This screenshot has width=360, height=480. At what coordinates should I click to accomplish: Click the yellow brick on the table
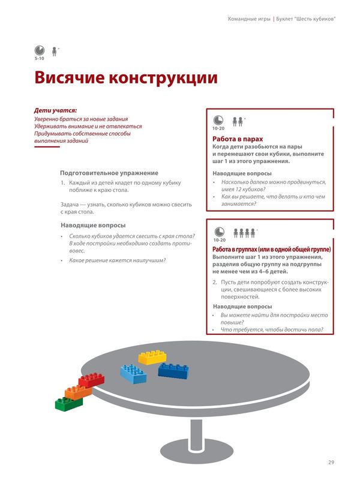[152, 358]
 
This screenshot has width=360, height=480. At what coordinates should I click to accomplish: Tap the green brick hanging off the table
[69, 403]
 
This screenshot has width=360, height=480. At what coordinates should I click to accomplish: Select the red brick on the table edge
[91, 380]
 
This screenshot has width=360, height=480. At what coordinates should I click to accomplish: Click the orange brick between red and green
[78, 392]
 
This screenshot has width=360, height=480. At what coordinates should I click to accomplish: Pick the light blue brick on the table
[133, 373]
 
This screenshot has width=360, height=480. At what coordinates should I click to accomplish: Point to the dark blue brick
[173, 370]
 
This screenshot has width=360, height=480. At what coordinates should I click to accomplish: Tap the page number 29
[331, 461]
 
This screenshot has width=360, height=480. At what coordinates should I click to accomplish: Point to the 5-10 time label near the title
[39, 58]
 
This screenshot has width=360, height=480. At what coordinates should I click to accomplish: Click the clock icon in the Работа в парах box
[218, 121]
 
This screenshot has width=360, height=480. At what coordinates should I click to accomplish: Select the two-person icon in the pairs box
[238, 121]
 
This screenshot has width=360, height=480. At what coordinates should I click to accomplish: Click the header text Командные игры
[248, 19]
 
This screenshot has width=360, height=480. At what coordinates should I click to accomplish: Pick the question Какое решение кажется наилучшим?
[118, 260]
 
